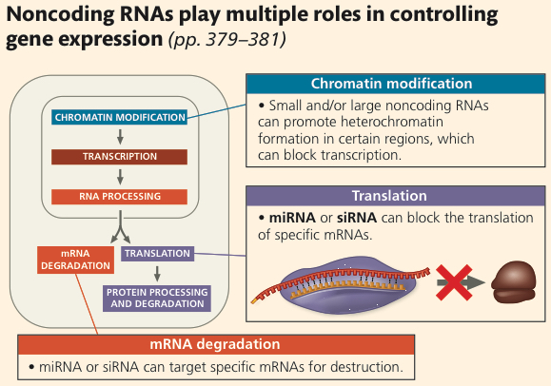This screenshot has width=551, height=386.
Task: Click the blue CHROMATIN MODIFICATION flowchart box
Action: [x=120, y=117]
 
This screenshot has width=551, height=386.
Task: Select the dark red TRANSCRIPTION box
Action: [x=120, y=157]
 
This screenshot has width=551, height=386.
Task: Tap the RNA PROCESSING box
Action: [x=120, y=197]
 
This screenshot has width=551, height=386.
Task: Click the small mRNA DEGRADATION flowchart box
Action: [x=75, y=260]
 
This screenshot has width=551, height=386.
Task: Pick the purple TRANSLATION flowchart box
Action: [x=157, y=253]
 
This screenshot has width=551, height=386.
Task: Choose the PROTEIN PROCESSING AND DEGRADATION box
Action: [x=157, y=299]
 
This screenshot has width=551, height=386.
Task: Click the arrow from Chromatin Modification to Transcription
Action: [x=120, y=137]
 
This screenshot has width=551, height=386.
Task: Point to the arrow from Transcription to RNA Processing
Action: [x=120, y=177]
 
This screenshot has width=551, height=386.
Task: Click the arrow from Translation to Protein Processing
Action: [x=157, y=273]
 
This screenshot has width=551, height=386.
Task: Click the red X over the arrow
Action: [x=454, y=282]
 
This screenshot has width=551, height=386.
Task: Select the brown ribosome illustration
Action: [x=514, y=282]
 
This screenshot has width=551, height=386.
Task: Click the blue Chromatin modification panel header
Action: [x=395, y=84]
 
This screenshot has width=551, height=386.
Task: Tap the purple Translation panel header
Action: [x=395, y=196]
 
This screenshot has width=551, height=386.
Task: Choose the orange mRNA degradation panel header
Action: [x=216, y=344]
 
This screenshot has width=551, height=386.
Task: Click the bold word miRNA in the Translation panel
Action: [x=292, y=218]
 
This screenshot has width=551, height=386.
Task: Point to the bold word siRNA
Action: [x=357, y=218]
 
